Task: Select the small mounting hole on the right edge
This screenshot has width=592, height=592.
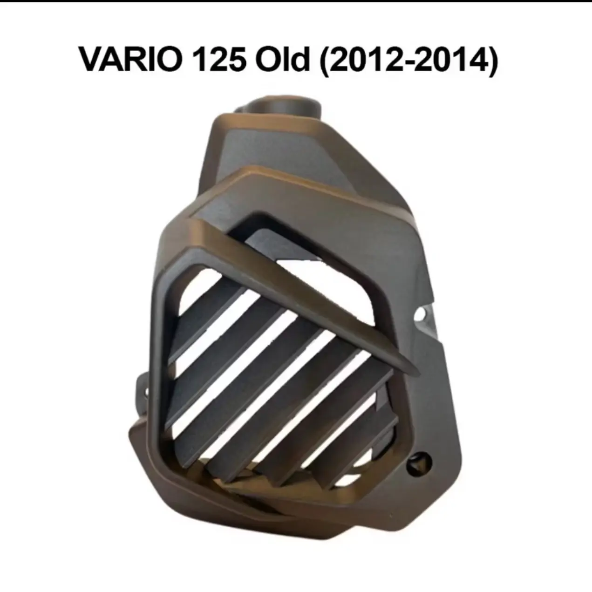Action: (x=426, y=313)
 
